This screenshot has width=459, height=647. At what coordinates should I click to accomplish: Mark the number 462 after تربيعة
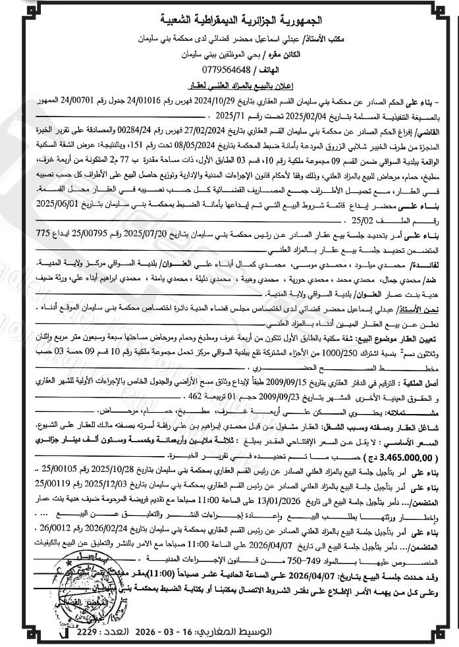coord(194,398)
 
